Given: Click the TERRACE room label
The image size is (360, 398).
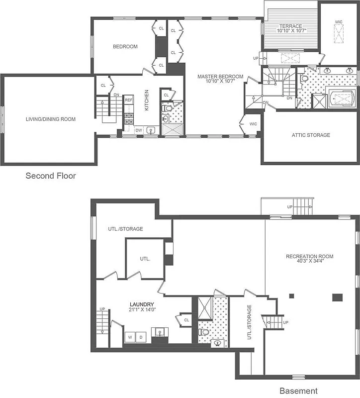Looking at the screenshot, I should coord(290,26).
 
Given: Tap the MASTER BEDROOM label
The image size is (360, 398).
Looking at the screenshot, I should coord(220,77).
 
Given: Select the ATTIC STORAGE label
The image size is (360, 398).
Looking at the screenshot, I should coord(311,135).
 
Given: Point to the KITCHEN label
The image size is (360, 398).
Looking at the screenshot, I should coord(146,100).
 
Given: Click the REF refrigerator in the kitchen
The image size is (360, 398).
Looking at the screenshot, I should coord(129,100).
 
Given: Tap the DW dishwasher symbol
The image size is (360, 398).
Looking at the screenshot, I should coord(139,131).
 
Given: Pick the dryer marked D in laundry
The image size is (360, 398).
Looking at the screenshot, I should coord(141,337).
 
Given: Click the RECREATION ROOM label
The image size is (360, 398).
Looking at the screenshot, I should coord(309,256).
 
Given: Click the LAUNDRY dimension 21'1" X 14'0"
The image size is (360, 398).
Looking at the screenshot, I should coord(142,310).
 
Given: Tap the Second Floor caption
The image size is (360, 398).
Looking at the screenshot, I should coord(51,176).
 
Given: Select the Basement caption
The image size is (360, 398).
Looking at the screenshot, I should coord(298,391).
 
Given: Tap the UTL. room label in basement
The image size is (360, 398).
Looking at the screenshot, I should coord(145,259).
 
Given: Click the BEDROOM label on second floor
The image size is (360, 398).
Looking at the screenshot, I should coord(125,46).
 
